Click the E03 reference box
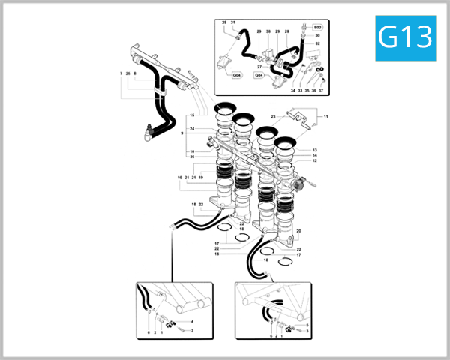point(317,26)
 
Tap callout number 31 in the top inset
point(233,23)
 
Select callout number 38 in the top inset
point(268,31)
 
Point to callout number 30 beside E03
point(317,35)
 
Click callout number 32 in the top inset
point(317,44)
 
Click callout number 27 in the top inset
point(259,67)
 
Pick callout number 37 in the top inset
point(321,90)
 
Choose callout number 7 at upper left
point(121,73)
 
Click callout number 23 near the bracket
point(273,116)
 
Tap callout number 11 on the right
point(326,116)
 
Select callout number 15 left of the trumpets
point(192,115)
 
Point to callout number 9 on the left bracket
point(182,133)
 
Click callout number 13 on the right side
point(315,150)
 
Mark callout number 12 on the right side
point(315,160)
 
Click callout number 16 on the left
point(180,178)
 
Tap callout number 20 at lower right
point(298,231)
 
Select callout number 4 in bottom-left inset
point(192,321)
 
